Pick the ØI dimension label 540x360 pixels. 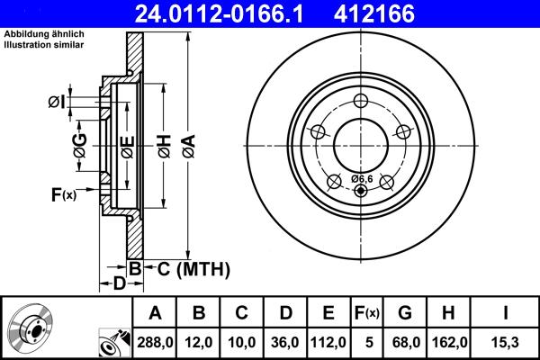(56, 103)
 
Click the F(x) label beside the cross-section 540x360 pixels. (63, 194)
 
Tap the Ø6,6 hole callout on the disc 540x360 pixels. (361, 178)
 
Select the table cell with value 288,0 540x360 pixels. (155, 342)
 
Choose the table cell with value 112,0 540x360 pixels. (329, 342)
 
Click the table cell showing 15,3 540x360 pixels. (507, 342)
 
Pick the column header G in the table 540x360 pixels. (404, 313)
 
